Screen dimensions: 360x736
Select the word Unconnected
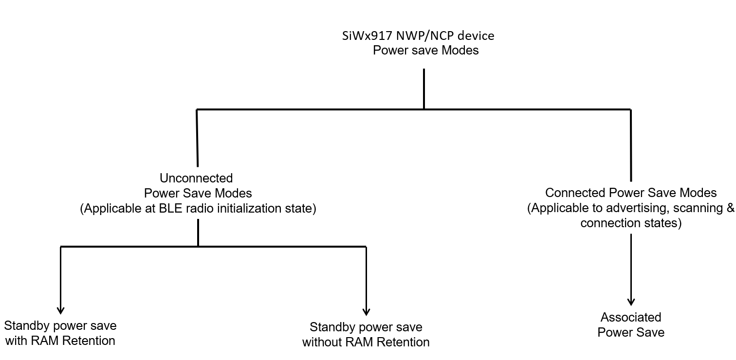pos(196,178)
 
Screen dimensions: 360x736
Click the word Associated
pos(631,318)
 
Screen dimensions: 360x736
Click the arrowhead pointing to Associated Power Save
pos(631,302)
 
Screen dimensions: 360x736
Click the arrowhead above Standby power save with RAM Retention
pos(61,311)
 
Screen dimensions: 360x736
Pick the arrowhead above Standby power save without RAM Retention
pos(366,312)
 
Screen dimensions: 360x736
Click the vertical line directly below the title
pos(424,88)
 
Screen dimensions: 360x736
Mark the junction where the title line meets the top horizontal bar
pos(424,109)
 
